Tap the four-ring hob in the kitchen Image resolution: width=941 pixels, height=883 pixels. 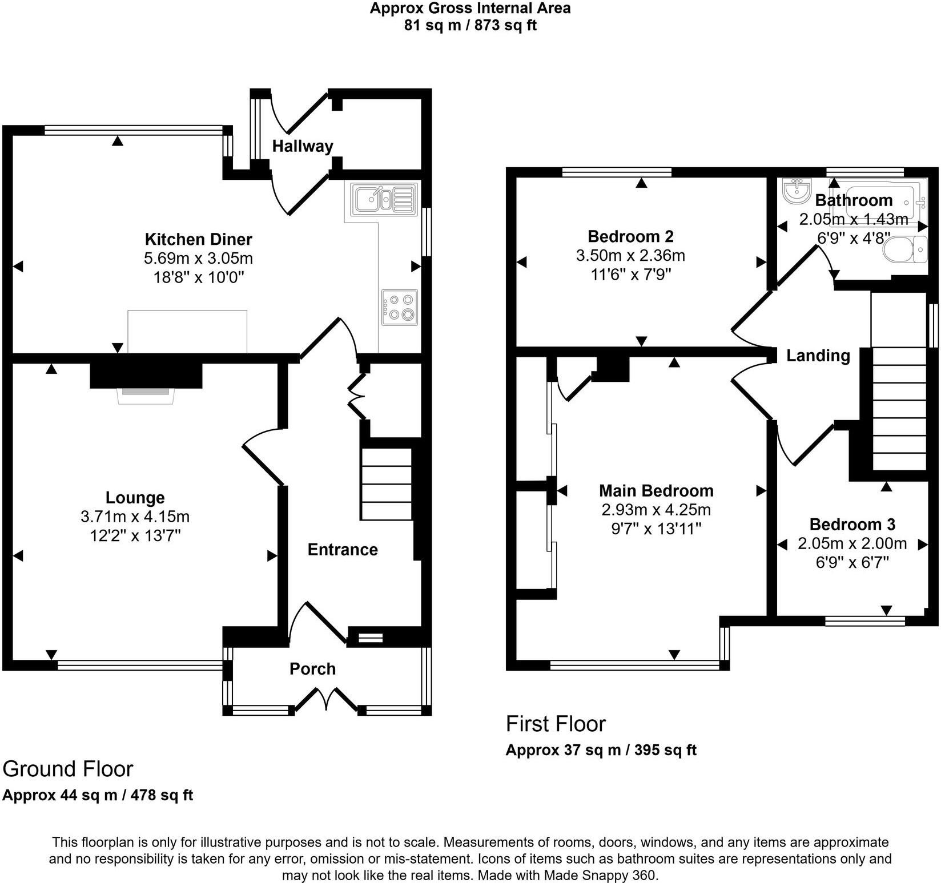(x=399, y=307)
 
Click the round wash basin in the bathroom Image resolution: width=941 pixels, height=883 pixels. (x=798, y=191)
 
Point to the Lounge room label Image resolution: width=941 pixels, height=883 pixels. (x=135, y=498)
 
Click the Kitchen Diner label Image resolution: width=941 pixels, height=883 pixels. (x=198, y=239)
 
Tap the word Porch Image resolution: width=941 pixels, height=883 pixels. (x=312, y=668)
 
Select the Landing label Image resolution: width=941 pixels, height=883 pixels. (x=818, y=356)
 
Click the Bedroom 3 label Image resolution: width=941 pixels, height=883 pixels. (x=852, y=524)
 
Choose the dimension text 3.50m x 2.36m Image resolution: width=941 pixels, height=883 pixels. (x=630, y=255)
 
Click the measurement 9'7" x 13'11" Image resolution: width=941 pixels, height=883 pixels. (x=656, y=529)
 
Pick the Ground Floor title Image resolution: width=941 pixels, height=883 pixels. (x=67, y=769)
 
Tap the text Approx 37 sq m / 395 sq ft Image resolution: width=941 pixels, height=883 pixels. (x=601, y=749)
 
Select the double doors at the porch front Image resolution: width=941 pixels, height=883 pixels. (x=327, y=700)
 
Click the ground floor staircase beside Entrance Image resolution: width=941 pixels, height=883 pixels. (x=387, y=484)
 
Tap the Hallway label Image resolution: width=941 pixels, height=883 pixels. (x=302, y=146)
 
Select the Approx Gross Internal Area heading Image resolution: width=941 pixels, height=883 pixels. (x=470, y=8)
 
